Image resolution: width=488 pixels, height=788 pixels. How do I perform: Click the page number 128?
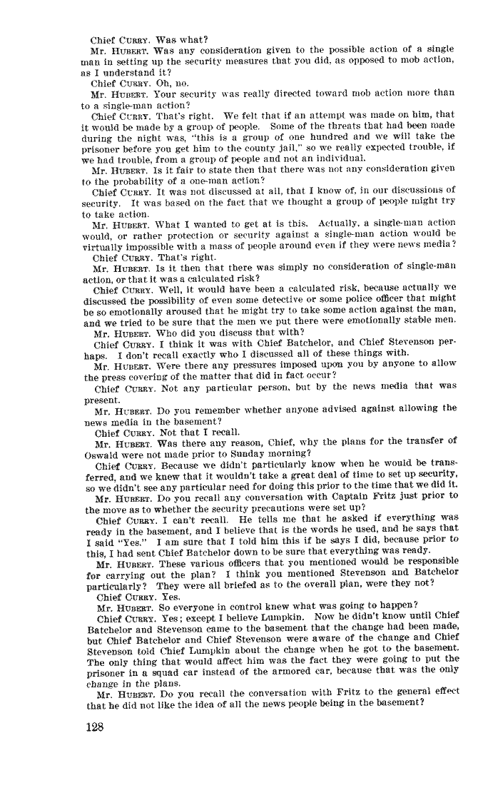tap(94, 727)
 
